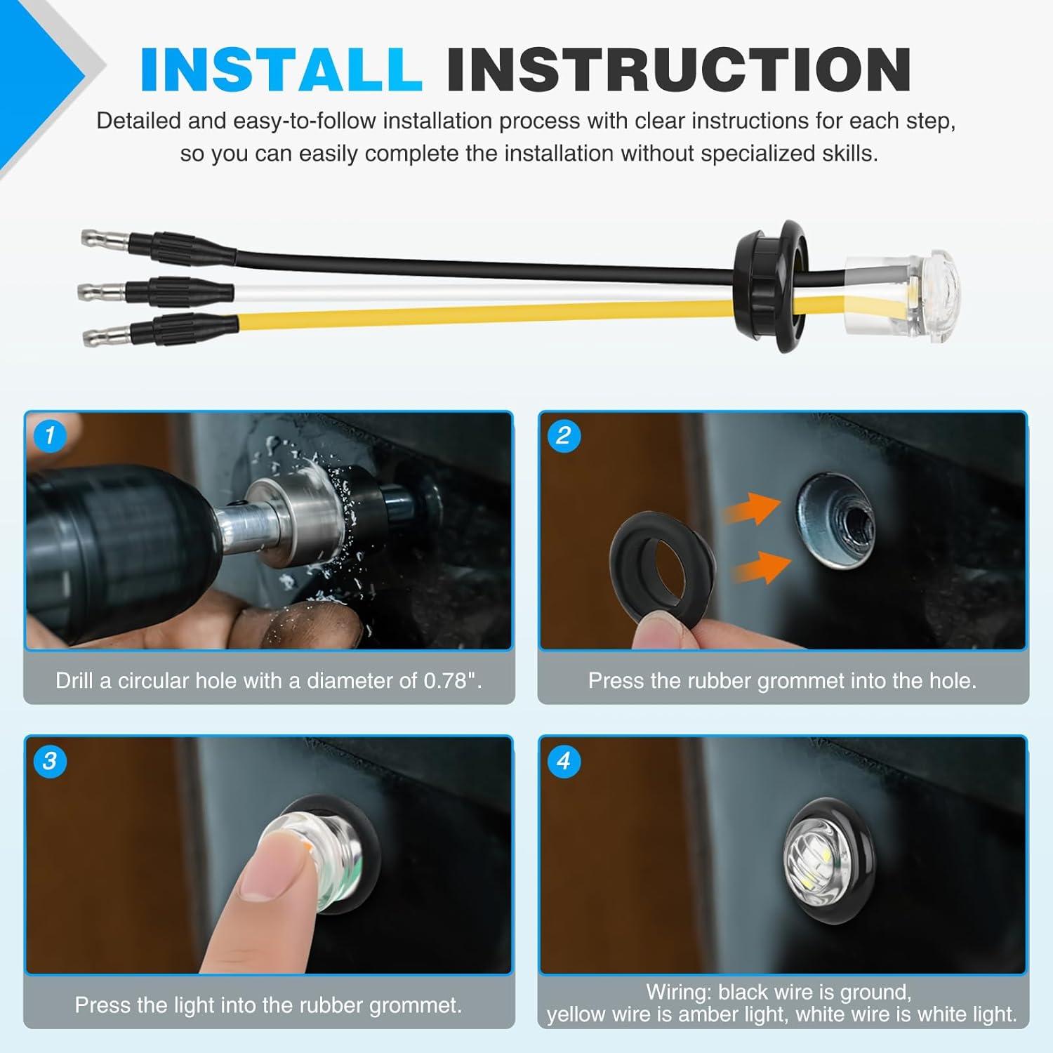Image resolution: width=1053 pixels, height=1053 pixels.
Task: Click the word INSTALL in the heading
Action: click(281, 69)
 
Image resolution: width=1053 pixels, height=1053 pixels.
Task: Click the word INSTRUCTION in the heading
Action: click(679, 69)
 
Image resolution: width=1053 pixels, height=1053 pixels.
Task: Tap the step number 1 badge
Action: click(49, 436)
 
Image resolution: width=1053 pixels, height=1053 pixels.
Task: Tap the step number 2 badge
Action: click(563, 436)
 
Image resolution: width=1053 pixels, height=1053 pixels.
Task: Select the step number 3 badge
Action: click(49, 761)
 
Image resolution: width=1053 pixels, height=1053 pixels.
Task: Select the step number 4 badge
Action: click(563, 761)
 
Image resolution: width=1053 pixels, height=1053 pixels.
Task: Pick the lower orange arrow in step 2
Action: click(762, 567)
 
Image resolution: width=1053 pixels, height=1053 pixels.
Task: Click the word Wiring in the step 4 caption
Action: click(678, 993)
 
